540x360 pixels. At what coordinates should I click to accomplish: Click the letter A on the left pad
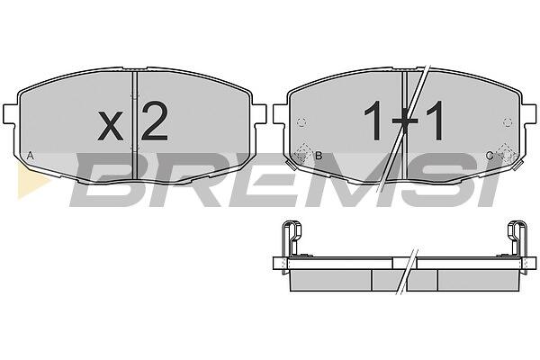[x=31, y=156]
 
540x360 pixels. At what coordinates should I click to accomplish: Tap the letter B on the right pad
[x=319, y=156]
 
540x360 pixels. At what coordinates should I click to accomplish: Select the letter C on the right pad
[x=490, y=156]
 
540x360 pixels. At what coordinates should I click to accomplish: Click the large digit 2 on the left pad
[x=154, y=121]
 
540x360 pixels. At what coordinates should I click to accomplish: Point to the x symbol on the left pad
[x=110, y=125]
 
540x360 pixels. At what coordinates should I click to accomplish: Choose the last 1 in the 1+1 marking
[x=435, y=121]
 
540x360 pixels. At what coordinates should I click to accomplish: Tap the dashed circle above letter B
[x=301, y=122]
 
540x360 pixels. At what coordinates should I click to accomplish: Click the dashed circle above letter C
[x=508, y=122]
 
